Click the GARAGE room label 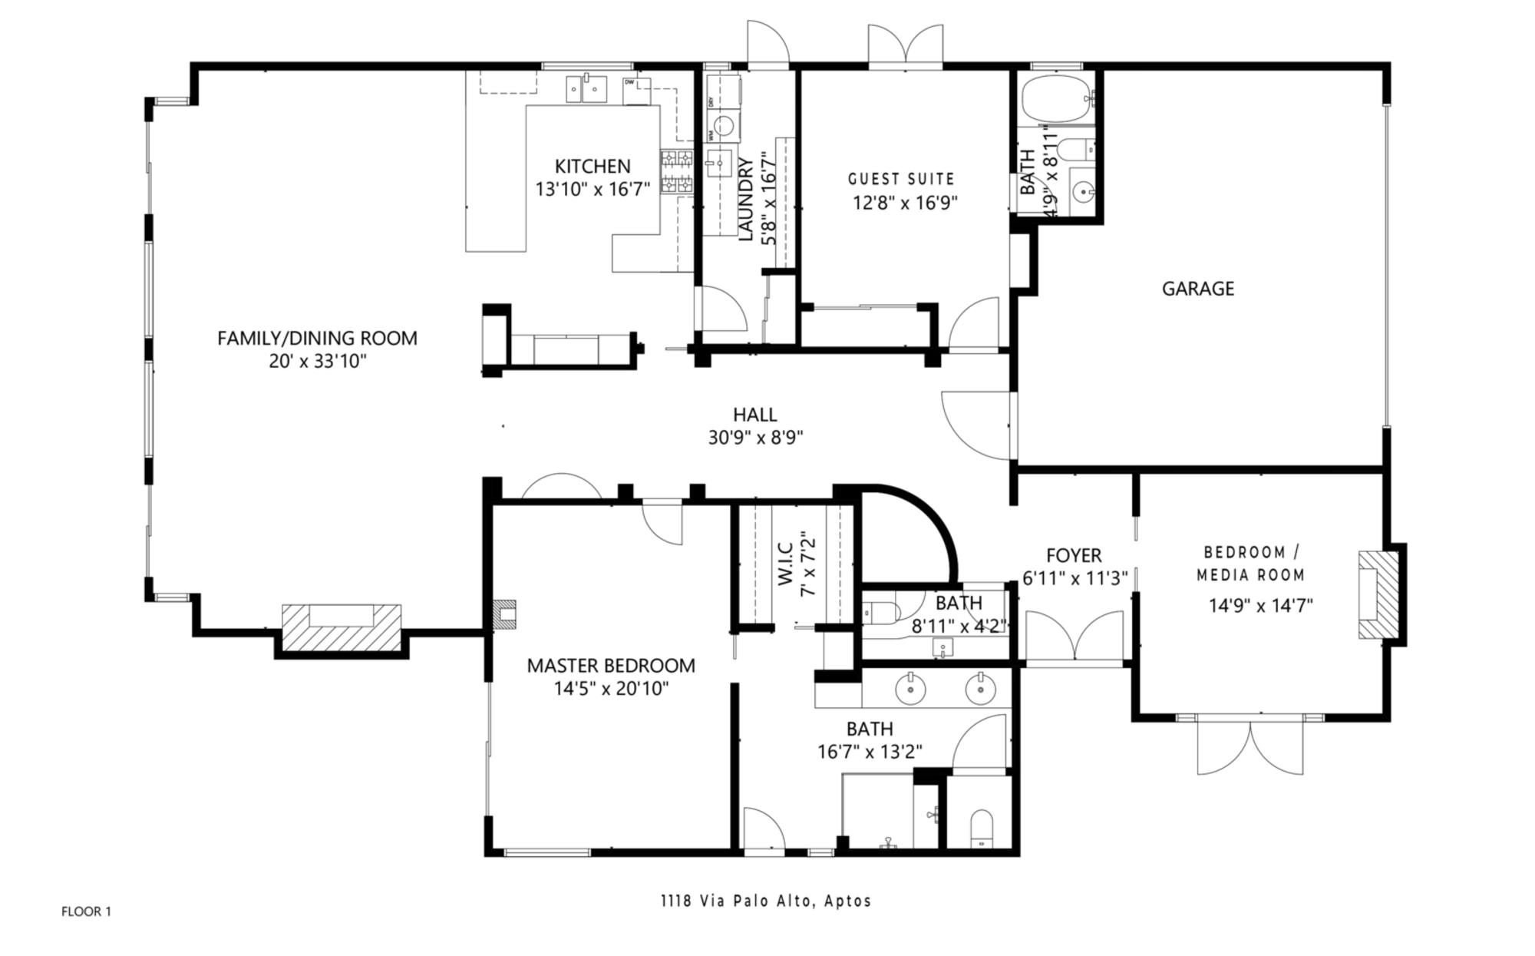click(x=1197, y=289)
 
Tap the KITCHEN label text click(x=593, y=166)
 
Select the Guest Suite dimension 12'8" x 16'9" click(x=906, y=203)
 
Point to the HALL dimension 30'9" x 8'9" click(x=755, y=438)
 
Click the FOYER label click(x=1074, y=555)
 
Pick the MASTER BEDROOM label click(x=611, y=666)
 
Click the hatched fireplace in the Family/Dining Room click(x=342, y=627)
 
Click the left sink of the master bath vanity click(x=910, y=687)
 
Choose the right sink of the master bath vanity click(x=981, y=687)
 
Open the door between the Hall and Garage click(x=976, y=426)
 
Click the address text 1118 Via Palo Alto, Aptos click(x=766, y=901)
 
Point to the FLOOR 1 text click(x=86, y=911)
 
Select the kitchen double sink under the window click(x=587, y=88)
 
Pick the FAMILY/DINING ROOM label click(x=317, y=338)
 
